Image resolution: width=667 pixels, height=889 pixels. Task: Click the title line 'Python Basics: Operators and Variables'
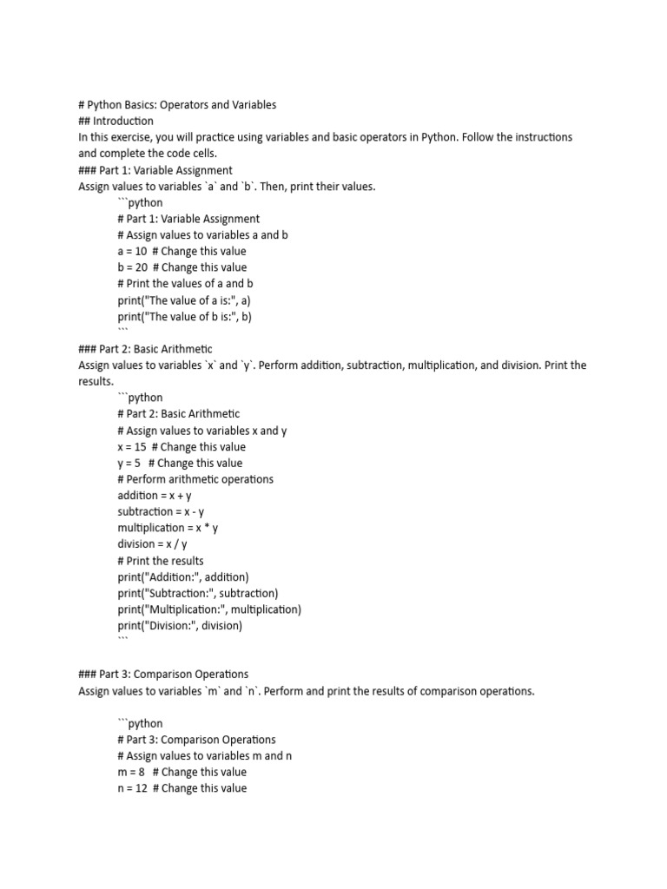(177, 105)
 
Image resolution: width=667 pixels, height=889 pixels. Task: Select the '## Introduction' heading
(116, 122)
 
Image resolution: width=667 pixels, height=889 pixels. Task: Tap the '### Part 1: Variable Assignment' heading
(155, 170)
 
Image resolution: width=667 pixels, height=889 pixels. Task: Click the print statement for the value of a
(184, 300)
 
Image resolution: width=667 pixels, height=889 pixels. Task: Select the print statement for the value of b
(184, 317)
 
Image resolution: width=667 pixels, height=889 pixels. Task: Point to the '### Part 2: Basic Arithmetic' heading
(145, 349)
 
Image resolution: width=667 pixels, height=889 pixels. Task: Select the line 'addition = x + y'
(155, 496)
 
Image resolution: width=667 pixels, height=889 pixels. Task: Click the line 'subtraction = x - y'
(161, 512)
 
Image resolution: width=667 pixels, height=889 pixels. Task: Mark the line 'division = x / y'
(151, 544)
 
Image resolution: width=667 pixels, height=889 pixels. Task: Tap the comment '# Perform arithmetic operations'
(195, 479)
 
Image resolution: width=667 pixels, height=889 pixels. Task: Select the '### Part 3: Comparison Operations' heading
(163, 675)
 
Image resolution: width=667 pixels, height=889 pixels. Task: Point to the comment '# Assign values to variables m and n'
(205, 756)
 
